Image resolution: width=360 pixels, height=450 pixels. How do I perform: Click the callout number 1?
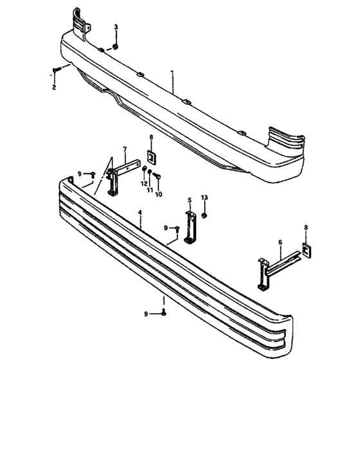[x=172, y=71]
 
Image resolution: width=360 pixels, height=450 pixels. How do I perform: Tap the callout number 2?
[x=54, y=87]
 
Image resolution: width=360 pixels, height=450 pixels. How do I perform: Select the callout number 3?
[x=116, y=27]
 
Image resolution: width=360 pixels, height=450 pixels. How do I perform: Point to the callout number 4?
[x=139, y=212]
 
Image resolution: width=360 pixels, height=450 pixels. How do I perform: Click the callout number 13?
[x=204, y=197]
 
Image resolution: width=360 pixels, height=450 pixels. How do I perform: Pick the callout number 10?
[x=159, y=194]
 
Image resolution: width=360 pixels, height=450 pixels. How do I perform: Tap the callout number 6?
[x=280, y=242]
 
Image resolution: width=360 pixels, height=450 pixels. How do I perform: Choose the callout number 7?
[x=125, y=149]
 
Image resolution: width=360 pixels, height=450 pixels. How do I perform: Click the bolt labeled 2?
[x=56, y=69]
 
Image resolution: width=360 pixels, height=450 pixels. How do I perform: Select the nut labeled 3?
[x=116, y=46]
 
